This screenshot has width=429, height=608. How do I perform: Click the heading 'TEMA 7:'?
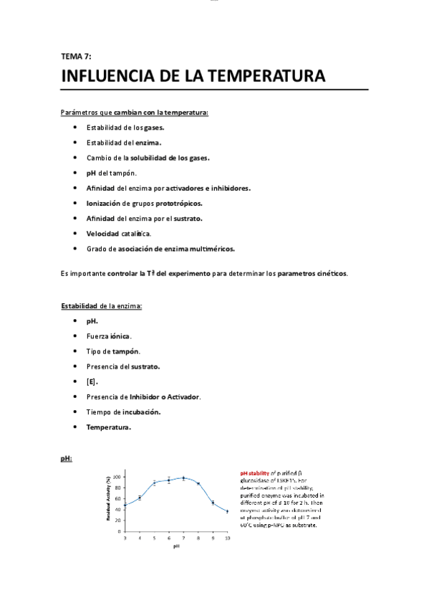[76, 56]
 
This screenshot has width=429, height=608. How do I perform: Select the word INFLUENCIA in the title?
[103, 76]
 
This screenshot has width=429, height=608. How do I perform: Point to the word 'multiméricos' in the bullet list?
[208, 249]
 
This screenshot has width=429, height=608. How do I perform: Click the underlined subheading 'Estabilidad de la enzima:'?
[101, 306]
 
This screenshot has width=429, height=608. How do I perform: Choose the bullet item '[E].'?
[92, 381]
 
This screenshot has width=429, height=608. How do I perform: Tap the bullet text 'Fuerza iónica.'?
[109, 336]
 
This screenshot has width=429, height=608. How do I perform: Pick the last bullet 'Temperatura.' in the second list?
[109, 427]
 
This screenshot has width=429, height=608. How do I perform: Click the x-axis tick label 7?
[183, 537]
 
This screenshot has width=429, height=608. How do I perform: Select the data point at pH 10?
[227, 511]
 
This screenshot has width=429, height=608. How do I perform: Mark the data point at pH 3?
[125, 505]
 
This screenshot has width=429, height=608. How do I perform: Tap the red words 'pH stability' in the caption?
[255, 473]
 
